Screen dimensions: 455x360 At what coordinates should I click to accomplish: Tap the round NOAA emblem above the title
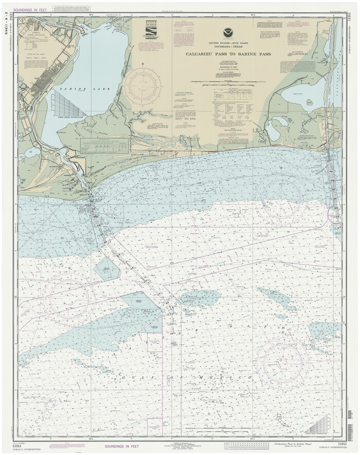click(x=227, y=33)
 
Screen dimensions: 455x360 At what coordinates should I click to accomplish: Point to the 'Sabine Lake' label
click(x=85, y=89)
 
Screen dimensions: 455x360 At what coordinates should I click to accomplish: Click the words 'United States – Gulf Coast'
click(x=226, y=43)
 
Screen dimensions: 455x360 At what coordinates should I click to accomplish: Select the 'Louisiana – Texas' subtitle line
click(x=226, y=47)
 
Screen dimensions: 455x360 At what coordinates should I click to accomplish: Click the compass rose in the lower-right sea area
click(x=282, y=365)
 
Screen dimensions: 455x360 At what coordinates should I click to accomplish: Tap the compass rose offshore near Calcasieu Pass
click(x=284, y=199)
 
